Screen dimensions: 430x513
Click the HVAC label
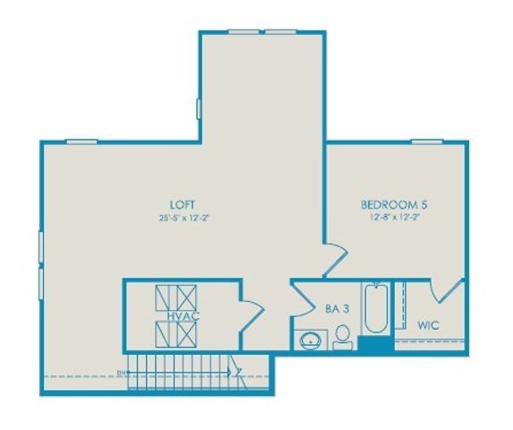[175, 315]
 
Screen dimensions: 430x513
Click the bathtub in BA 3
[374, 310]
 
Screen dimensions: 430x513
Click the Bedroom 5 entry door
[333, 260]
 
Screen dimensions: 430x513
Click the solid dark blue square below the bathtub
[374, 344]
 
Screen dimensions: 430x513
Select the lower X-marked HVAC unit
[175, 334]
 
